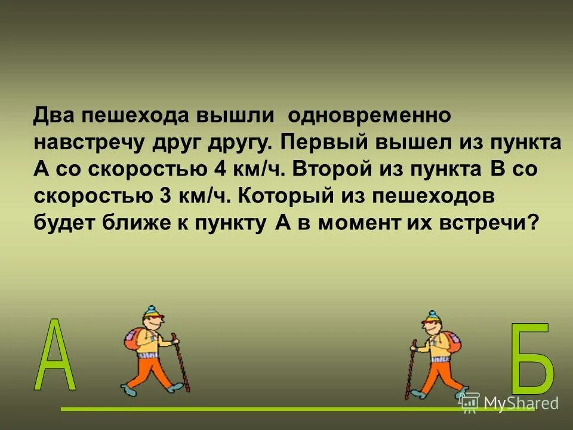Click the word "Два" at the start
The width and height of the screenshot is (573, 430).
point(54,116)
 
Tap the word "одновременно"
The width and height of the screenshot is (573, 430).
point(372,116)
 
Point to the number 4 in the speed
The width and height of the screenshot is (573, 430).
point(220,170)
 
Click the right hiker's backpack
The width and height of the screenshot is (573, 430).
point(452,340)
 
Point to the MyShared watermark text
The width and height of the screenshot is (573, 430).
point(519,404)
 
